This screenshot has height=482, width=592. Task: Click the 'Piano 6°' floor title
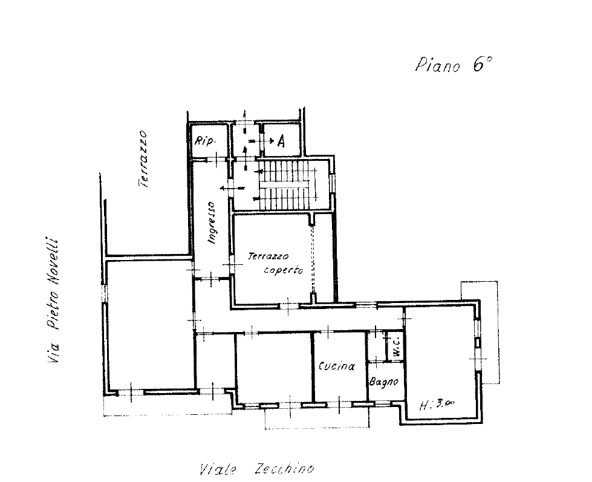pyautogui.click(x=454, y=65)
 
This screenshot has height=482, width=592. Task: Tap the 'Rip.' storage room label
pyautogui.click(x=204, y=141)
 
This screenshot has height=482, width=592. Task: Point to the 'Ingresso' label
pyautogui.click(x=212, y=223)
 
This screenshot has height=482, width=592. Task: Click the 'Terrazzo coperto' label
pyautogui.click(x=276, y=263)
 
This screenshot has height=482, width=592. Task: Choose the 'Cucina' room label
pyautogui.click(x=336, y=366)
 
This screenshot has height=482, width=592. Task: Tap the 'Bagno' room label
pyautogui.click(x=383, y=382)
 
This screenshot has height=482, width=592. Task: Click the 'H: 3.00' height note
pyautogui.click(x=437, y=405)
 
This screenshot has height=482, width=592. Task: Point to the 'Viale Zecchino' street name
pyautogui.click(x=257, y=469)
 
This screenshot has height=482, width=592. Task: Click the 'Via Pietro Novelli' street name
pyautogui.click(x=53, y=300)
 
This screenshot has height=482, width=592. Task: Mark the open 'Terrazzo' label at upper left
pyautogui.click(x=142, y=159)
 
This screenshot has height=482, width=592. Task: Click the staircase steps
pyautogui.click(x=288, y=184)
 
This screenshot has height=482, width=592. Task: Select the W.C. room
pyautogui.click(x=395, y=347)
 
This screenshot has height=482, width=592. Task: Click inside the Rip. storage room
pyautogui.click(x=209, y=140)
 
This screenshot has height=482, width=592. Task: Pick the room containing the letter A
pyautogui.click(x=282, y=140)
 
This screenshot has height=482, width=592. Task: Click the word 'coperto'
pyautogui.click(x=284, y=270)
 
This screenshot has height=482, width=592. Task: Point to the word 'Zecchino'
pyautogui.click(x=284, y=469)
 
